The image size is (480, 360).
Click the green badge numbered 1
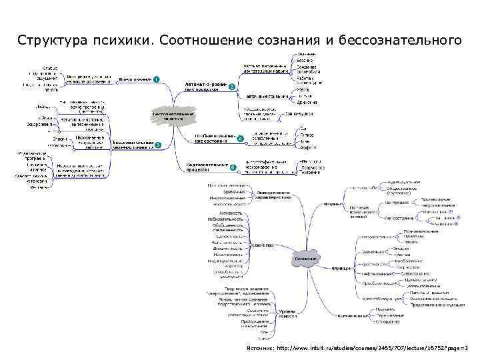(x=155, y=80)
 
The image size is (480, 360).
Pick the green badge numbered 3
(x=158, y=145)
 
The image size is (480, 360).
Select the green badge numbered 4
(x=238, y=138)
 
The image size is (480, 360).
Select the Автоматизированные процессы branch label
(x=203, y=87)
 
